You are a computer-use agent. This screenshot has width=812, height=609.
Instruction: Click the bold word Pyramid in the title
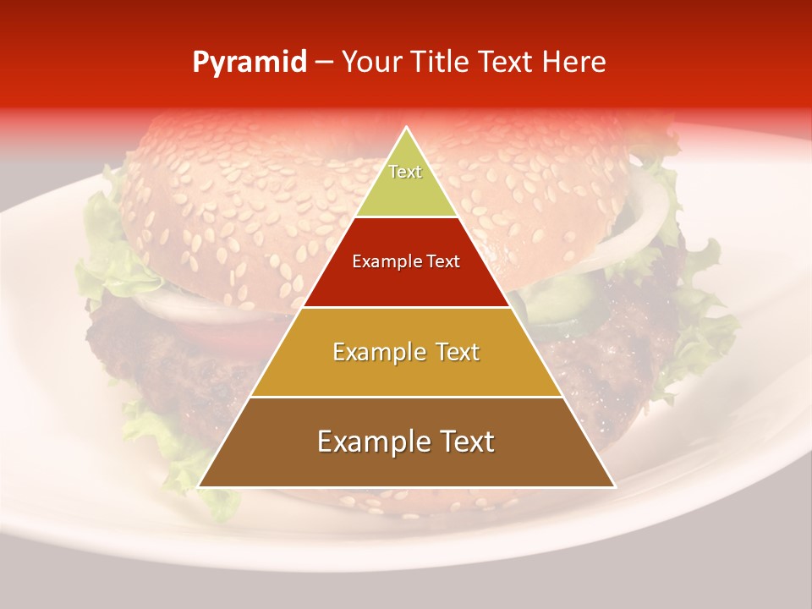[x=250, y=63]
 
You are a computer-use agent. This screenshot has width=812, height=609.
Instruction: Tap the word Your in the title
[x=372, y=63]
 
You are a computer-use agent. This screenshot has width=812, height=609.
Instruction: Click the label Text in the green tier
[x=405, y=172]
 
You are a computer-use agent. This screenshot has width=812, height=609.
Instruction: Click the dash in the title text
[x=325, y=63]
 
